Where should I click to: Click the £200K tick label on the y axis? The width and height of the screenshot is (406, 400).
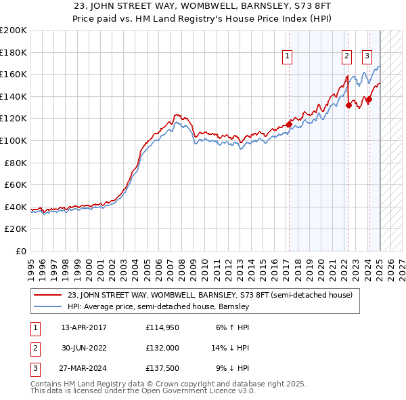pos(14,31)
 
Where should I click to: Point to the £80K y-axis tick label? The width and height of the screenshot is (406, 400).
pos(16,163)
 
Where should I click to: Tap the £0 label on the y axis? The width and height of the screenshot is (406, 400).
pos(20,252)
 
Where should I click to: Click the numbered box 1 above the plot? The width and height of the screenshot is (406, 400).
pos(288,56)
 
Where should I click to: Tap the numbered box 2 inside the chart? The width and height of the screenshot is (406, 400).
pos(346,56)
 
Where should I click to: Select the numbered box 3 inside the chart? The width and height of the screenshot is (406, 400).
pos(367,56)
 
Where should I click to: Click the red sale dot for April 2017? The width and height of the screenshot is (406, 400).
pos(289,124)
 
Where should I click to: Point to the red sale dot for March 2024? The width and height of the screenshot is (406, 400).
pos(369,99)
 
